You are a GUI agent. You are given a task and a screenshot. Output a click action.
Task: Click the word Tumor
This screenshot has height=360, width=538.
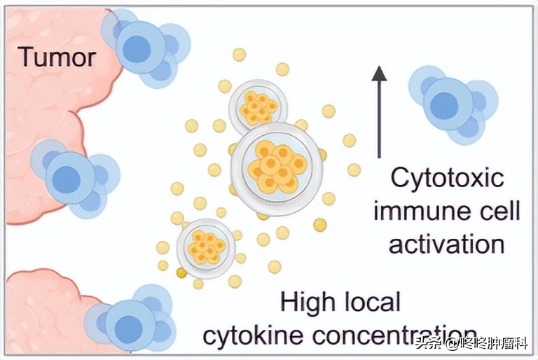[57, 56]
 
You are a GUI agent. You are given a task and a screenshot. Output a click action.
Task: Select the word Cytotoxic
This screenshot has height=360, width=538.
[446, 177]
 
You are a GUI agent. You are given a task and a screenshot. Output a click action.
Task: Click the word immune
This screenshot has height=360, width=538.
[414, 210]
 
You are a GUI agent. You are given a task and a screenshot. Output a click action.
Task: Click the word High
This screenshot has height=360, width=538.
[308, 303]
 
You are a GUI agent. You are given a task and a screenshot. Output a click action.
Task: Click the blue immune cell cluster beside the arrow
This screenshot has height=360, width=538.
[453, 103]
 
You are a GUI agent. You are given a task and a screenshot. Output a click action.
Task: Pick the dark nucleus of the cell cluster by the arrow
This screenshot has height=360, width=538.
[443, 105]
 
